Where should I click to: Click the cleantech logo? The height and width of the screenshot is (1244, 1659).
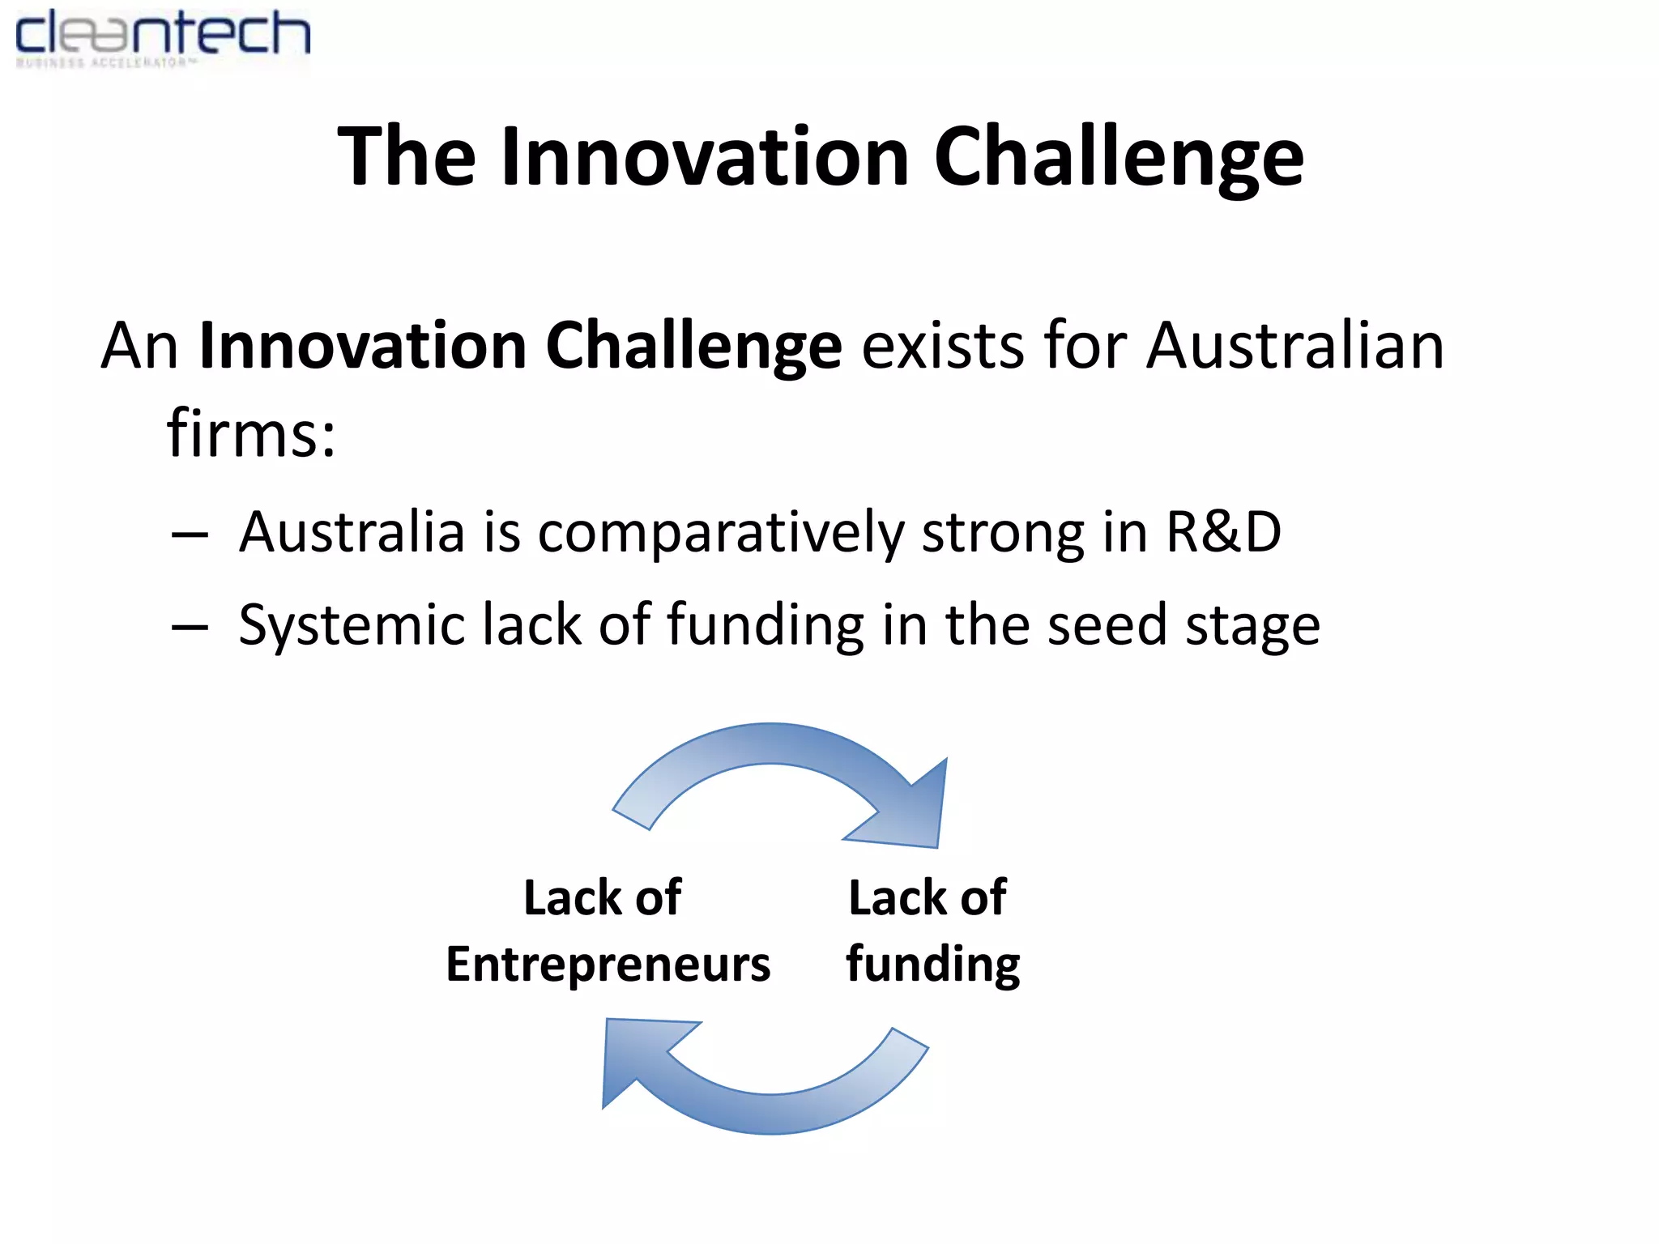point(162,36)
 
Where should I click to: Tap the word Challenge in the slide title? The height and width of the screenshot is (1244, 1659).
point(1118,159)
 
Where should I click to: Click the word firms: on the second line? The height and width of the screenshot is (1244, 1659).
point(251,433)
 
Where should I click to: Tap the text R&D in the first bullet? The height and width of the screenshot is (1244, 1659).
point(1223,532)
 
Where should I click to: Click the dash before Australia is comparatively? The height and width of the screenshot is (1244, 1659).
point(190,535)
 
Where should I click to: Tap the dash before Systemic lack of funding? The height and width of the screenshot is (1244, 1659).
point(190,627)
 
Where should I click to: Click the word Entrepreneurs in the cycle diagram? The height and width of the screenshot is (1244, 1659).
point(608,965)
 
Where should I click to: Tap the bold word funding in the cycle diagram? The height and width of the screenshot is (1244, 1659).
point(932,965)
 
